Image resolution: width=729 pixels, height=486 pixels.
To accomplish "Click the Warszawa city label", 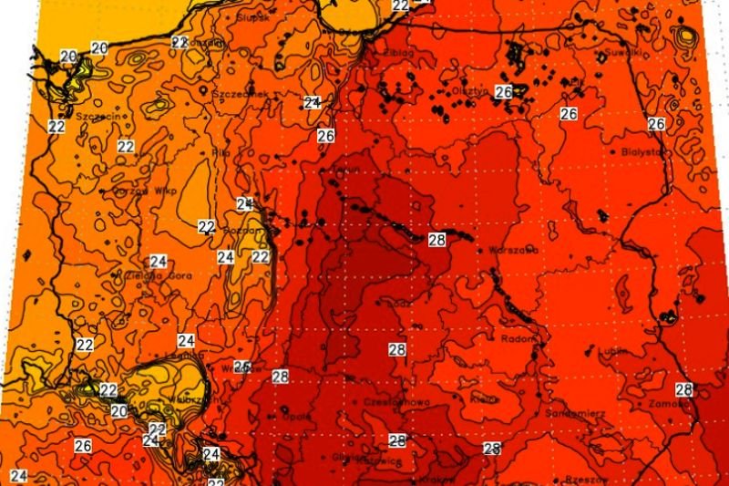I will (x=514, y=249).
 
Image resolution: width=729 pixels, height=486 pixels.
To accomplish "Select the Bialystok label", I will (x=642, y=152).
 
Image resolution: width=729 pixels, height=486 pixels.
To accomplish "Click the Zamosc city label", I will (x=667, y=403).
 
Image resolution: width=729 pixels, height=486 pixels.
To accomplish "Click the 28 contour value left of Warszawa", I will (x=436, y=240).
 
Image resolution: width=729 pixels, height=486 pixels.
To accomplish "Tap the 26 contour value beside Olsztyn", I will (x=503, y=92).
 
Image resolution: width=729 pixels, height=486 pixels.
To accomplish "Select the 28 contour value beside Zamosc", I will (x=683, y=390).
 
